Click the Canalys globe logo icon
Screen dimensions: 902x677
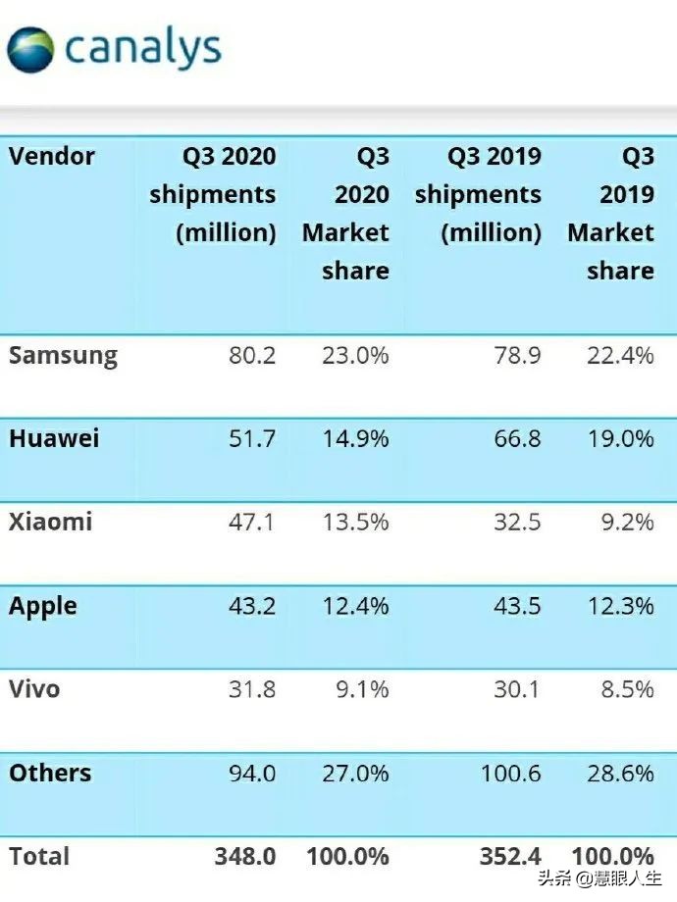30,48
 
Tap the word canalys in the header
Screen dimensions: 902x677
142,48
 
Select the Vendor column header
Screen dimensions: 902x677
52,156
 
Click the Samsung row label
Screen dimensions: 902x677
63,355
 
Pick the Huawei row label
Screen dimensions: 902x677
54,438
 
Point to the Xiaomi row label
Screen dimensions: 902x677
51,522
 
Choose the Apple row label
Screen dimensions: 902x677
43,606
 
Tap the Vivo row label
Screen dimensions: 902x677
34,689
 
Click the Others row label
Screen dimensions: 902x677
50,773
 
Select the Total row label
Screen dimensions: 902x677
39,856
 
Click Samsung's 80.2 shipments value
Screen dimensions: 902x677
252,355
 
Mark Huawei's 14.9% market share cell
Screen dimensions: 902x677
355,438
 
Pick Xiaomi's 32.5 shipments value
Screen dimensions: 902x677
517,522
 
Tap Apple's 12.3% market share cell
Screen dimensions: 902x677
620,606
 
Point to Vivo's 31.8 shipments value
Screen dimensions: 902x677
252,689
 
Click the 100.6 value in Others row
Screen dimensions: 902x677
510,773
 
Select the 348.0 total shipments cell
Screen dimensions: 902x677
245,856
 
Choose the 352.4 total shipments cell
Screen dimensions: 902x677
510,856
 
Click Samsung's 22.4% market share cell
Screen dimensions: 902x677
620,355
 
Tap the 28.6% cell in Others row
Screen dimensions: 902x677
620,773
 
